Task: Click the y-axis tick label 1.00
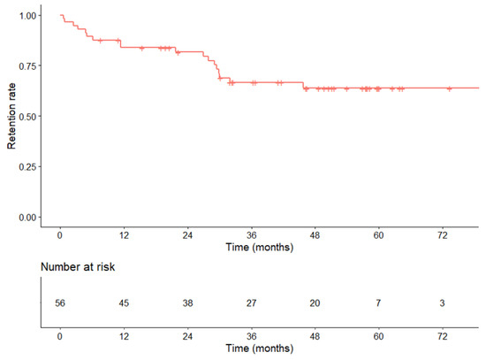tap(27, 16)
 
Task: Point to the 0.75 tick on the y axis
tap(27, 66)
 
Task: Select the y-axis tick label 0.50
tap(27, 117)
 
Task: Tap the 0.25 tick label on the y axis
tap(27, 166)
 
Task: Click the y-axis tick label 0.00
tap(27, 217)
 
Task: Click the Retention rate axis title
tap(11, 115)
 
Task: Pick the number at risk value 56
tap(60, 303)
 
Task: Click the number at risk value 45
tap(124, 303)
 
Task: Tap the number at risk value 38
tap(187, 303)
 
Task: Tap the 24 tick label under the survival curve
tap(187, 235)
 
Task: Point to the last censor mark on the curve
tap(450, 88)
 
